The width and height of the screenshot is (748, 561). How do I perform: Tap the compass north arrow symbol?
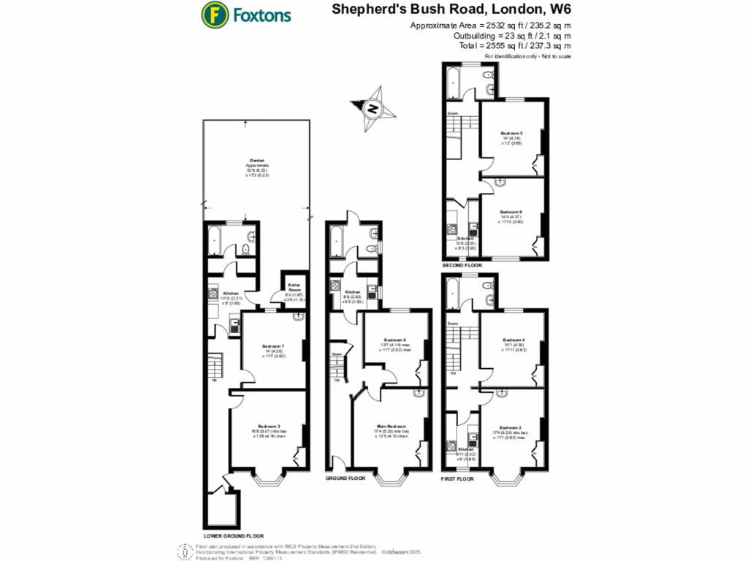tap(373, 108)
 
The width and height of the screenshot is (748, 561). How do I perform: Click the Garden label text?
tap(256, 160)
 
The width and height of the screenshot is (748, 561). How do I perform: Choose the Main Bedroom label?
tap(392, 426)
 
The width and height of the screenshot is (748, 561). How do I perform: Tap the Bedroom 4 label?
tap(514, 340)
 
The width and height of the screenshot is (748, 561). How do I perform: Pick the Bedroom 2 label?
tap(511, 427)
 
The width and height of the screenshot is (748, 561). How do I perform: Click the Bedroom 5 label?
tap(511, 133)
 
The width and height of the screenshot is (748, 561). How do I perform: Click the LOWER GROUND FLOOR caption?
tap(234, 535)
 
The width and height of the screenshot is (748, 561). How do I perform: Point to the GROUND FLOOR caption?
tap(346, 478)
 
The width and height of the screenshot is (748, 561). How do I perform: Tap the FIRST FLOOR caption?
tap(459, 478)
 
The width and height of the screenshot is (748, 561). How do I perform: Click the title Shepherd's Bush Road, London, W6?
tap(451, 10)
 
